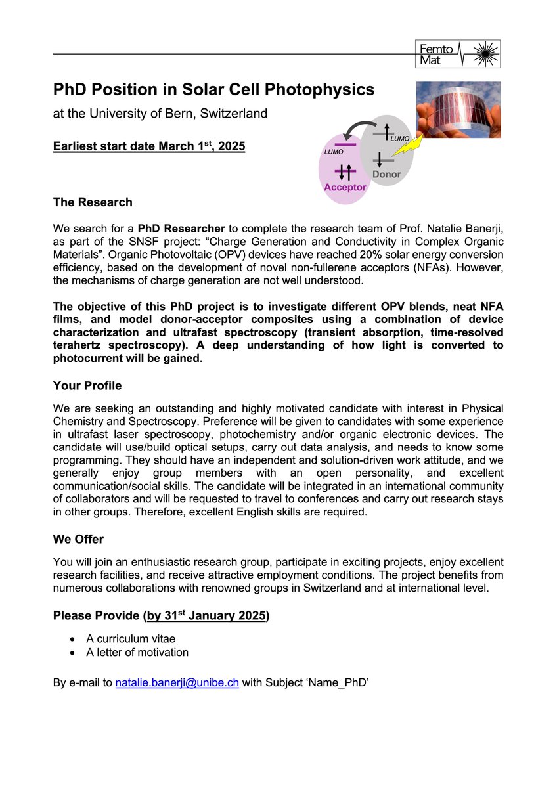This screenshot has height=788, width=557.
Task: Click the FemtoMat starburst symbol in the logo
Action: click(486, 53)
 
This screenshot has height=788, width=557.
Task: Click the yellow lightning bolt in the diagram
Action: click(412, 152)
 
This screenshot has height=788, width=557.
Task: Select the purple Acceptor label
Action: click(345, 187)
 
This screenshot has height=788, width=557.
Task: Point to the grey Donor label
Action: click(386, 175)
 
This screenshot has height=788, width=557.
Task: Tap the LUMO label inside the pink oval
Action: click(334, 152)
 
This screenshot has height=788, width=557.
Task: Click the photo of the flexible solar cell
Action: click(458, 110)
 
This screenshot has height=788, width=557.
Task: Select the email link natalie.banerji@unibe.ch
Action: click(177, 683)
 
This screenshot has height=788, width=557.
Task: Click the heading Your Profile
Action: click(87, 385)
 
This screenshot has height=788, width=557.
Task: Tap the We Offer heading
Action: click(78, 539)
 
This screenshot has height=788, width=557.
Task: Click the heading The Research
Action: click(93, 202)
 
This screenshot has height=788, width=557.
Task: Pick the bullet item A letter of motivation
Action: click(137, 652)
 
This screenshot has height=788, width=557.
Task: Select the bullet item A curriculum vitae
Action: click(131, 638)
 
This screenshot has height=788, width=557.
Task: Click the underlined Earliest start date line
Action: click(149, 146)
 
